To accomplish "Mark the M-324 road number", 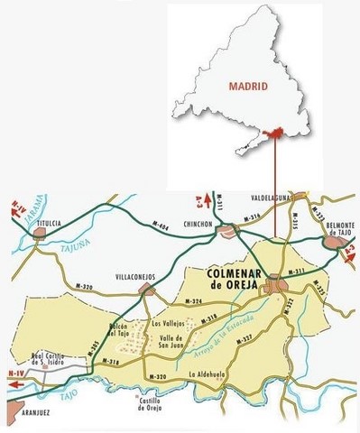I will coord(192,301).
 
